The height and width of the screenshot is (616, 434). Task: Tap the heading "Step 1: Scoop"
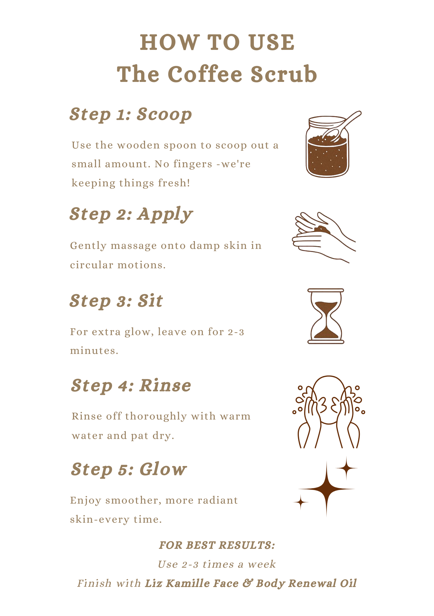pyautogui.click(x=131, y=115)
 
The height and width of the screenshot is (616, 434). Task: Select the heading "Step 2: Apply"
pyautogui.click(x=131, y=214)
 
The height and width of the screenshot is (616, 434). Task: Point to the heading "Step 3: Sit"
pyautogui.click(x=116, y=301)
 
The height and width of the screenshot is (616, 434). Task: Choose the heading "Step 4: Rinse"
pyautogui.click(x=131, y=386)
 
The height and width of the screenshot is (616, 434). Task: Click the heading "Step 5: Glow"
pyautogui.click(x=129, y=469)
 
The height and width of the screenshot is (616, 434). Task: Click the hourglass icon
pyautogui.click(x=326, y=316)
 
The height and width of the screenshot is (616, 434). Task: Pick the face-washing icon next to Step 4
pyautogui.click(x=328, y=412)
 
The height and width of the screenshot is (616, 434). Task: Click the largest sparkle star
pyautogui.click(x=327, y=489)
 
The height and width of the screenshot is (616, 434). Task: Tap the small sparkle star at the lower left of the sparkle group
pyautogui.click(x=301, y=502)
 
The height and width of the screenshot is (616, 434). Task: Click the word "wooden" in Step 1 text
pyautogui.click(x=138, y=145)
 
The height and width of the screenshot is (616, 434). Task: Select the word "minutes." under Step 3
pyautogui.click(x=94, y=351)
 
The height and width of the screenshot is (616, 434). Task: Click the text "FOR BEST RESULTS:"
pyautogui.click(x=217, y=545)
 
